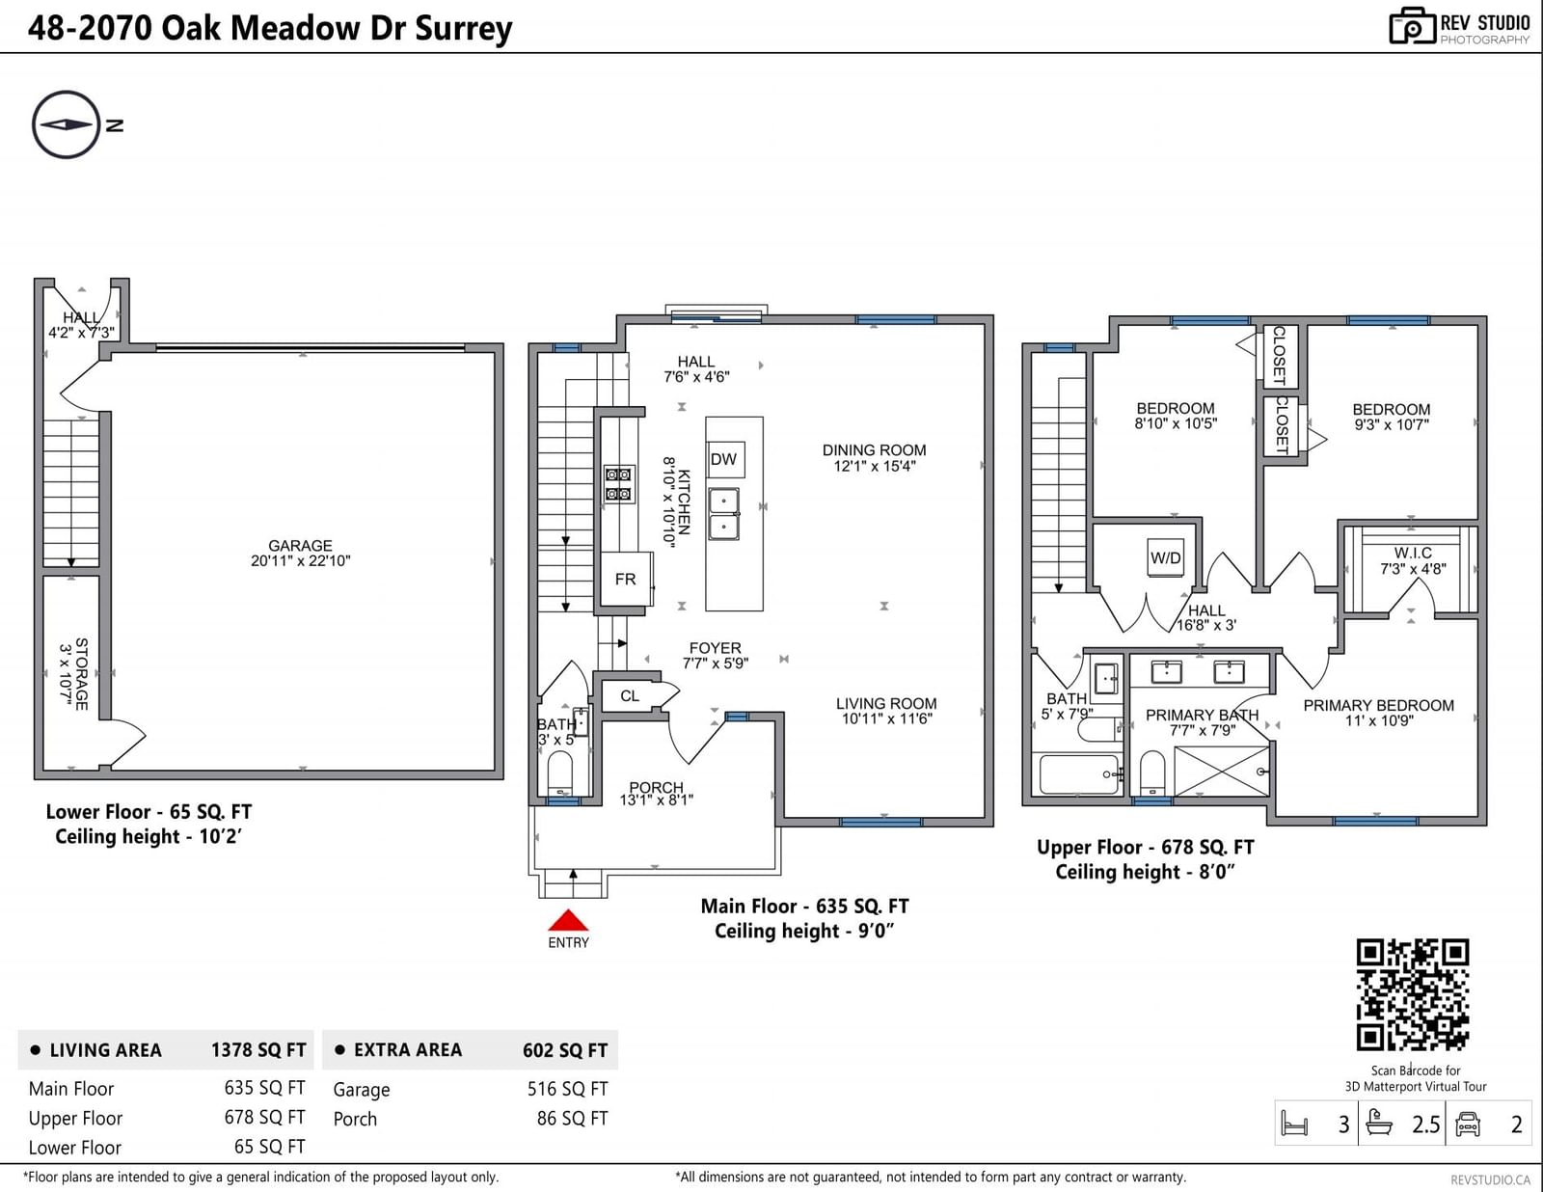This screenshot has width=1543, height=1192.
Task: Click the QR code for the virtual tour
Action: pos(1413,994)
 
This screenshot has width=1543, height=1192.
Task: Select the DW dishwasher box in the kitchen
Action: pos(725,459)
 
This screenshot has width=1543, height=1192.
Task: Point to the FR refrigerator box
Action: pos(626,579)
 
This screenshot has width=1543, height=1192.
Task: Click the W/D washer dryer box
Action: pos(1165,558)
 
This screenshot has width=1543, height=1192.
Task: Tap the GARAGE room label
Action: pos(300,546)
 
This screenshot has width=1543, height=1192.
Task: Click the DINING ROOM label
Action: pos(874,450)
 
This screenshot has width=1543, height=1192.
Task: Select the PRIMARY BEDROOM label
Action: pos(1378,705)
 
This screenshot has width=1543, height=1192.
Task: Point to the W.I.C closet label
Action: pos(1413,553)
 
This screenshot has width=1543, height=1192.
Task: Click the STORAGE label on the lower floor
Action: pos(82,674)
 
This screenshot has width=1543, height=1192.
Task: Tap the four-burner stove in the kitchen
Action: pos(618,484)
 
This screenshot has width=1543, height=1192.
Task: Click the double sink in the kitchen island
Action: pos(723,514)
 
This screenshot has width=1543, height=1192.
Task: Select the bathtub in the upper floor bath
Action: pos(1079,773)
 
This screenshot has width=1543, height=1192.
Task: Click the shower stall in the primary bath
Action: pos(1222,771)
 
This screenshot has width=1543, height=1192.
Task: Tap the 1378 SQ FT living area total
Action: pos(258,1050)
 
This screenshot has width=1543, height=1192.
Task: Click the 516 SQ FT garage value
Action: pos(567,1089)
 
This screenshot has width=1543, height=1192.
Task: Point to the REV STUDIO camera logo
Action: pos(1413,26)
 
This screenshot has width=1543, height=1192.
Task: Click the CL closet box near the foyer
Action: pos(630,695)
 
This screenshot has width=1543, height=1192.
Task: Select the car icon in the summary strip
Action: pos(1468,1124)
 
